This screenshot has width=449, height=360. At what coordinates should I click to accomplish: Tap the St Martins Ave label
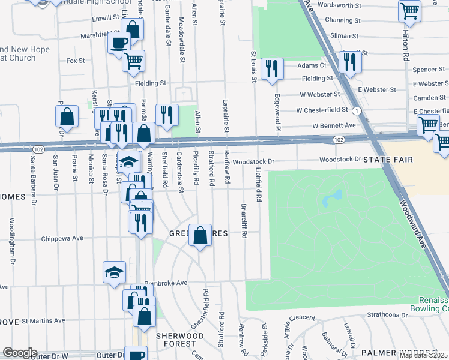click(44, 322)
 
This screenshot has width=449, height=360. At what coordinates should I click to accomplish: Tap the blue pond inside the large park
click(332, 198)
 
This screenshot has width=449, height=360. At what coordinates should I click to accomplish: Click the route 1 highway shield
click(357, 111)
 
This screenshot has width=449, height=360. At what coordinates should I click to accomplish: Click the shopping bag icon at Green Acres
click(200, 235)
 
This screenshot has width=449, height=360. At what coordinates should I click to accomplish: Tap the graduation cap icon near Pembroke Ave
click(114, 272)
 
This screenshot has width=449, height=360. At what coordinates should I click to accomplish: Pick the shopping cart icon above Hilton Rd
click(409, 10)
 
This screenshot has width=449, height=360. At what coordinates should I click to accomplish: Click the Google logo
click(19, 353)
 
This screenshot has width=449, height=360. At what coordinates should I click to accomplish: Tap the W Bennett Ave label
click(334, 125)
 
